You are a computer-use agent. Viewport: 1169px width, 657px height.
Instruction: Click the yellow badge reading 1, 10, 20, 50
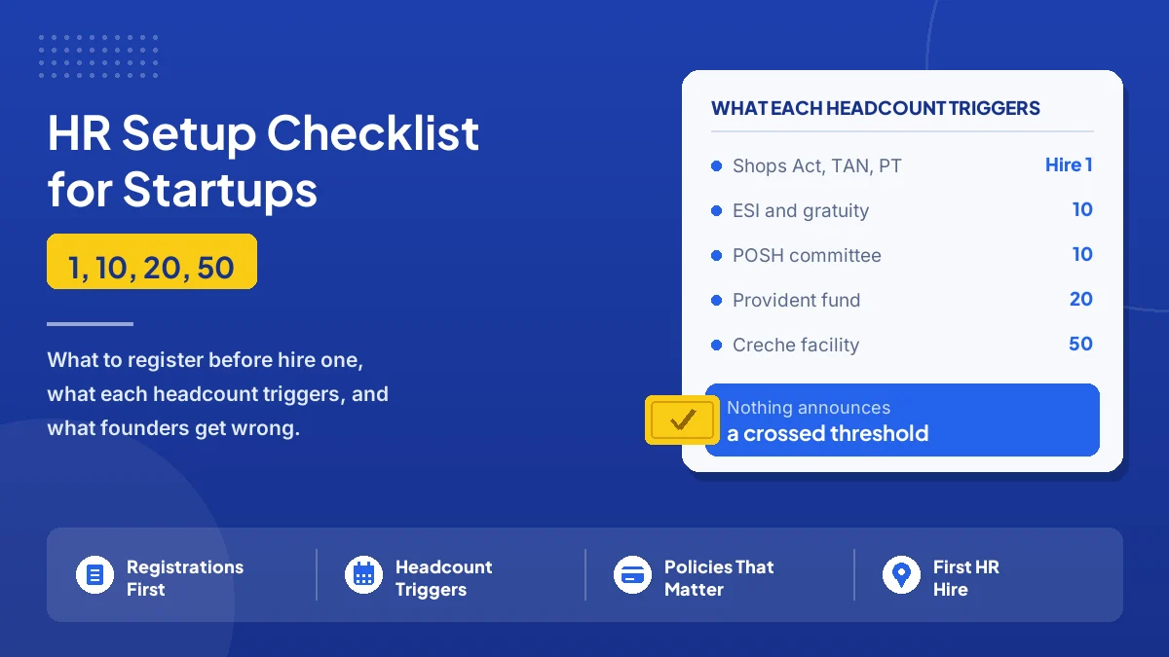(x=152, y=261)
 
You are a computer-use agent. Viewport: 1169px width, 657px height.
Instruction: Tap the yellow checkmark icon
(x=682, y=420)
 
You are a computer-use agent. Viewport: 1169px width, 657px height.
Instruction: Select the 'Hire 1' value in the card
(x=1069, y=164)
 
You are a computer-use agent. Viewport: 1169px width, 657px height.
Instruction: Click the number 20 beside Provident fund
(x=1080, y=299)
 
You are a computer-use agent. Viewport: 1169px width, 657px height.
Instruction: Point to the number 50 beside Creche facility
(x=1080, y=344)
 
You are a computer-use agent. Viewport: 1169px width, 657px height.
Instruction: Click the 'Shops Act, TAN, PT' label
(x=816, y=165)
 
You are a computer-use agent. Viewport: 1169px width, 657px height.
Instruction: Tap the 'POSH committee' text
(x=807, y=255)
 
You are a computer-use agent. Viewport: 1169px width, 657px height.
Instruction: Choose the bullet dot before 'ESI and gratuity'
(x=717, y=210)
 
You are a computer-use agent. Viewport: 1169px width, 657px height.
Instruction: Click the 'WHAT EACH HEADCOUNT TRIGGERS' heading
(x=875, y=108)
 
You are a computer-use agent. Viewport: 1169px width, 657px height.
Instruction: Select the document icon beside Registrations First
(x=94, y=575)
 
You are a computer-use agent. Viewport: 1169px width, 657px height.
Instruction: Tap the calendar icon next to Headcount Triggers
(x=363, y=575)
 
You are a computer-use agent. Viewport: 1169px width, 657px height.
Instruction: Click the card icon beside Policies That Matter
(x=632, y=575)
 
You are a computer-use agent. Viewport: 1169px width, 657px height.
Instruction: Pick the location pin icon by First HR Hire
(x=901, y=575)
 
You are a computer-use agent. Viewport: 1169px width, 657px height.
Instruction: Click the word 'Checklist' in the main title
(x=372, y=133)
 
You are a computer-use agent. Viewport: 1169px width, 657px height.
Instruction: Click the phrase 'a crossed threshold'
(x=828, y=433)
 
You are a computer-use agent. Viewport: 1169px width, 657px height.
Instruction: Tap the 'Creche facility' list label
(x=796, y=345)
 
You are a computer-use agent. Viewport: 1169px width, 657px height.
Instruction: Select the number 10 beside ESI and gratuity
(x=1082, y=209)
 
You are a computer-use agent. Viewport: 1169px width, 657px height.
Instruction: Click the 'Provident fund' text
(x=797, y=301)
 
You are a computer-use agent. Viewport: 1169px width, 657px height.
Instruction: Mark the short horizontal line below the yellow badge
(x=90, y=324)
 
